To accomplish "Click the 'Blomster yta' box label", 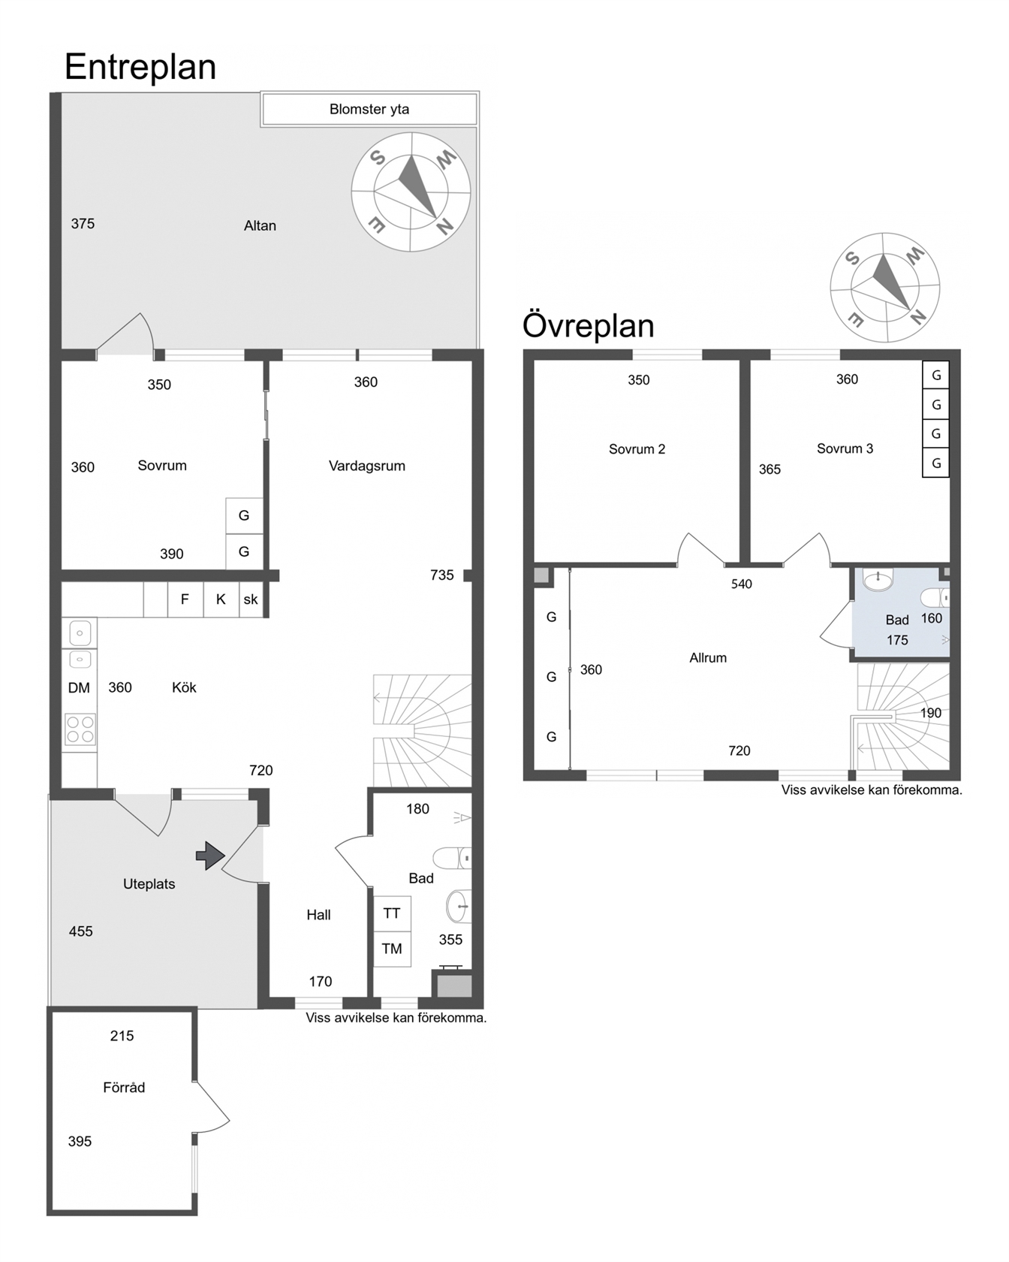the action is [x=369, y=109].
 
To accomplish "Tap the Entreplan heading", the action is [x=140, y=67].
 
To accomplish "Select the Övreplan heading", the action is [x=589, y=326].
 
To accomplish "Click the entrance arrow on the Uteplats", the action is [x=210, y=856].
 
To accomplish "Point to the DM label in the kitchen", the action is [x=79, y=688].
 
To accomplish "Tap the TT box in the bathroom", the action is [x=392, y=913].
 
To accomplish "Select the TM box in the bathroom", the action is [x=392, y=949].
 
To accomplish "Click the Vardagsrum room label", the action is [x=367, y=466].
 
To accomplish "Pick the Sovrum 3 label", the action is [x=845, y=448].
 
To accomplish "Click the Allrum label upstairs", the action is [x=708, y=658].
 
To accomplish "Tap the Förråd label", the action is [x=124, y=1087].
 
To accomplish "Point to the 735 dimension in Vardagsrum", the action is [x=442, y=575].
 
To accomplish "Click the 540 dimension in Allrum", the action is [x=742, y=584].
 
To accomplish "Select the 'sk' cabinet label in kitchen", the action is [x=251, y=599].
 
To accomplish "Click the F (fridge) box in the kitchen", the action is [x=185, y=599].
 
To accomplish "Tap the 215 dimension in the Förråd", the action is [x=122, y=1036].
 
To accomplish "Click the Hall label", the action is [x=318, y=915].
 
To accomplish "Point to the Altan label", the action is [x=260, y=225].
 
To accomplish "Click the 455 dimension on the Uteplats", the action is [x=81, y=931].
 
